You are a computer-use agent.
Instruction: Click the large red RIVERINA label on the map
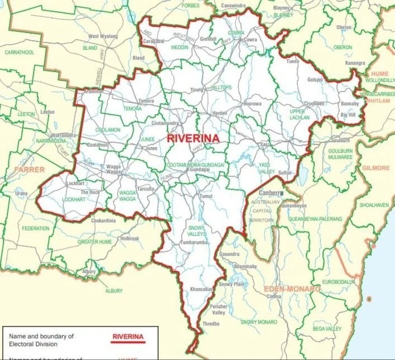(191, 137)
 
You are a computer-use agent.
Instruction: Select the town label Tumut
(206, 197)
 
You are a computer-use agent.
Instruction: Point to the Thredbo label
(211, 323)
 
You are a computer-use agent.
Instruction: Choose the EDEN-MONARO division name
(292, 289)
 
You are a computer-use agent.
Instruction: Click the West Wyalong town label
(103, 36)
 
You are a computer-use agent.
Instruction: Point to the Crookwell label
(315, 104)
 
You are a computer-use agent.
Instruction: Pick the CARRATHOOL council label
(20, 52)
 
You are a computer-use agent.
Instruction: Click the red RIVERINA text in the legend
(128, 337)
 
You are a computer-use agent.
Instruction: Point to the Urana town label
(21, 193)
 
